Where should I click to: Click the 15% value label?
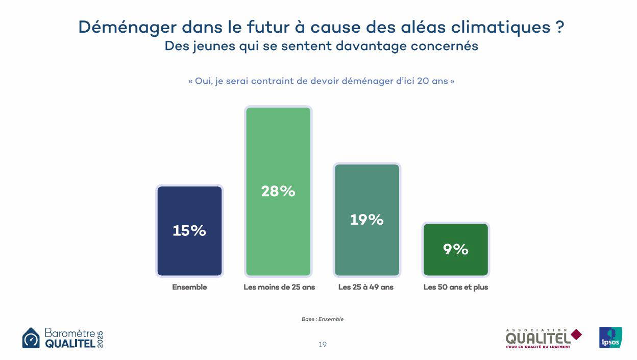[x=189, y=231]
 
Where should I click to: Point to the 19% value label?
[x=366, y=220]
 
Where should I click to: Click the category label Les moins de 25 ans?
[x=279, y=287]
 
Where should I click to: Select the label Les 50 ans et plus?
[x=455, y=287]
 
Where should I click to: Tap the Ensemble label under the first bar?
[x=189, y=287]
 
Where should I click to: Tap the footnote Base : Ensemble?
[x=322, y=319]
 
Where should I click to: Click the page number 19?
[x=322, y=345]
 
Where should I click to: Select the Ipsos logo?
[x=610, y=338]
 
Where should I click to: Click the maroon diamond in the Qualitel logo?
[x=576, y=334]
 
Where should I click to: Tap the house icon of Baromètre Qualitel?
[x=31, y=338]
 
